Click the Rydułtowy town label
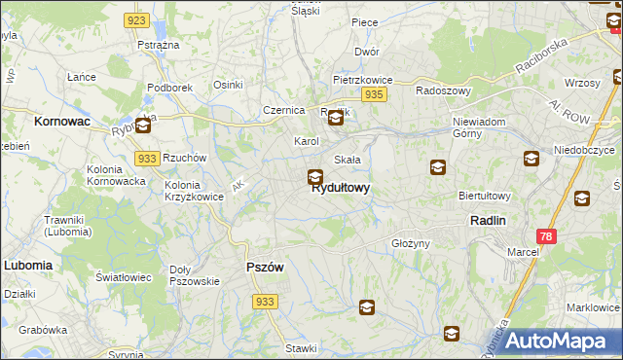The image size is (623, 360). [x=340, y=189]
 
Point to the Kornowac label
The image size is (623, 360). [x=61, y=122]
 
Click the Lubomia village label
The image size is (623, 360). [x=27, y=265]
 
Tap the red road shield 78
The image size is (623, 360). [x=547, y=236]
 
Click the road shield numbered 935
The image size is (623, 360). [x=375, y=94]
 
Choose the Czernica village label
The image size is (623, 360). [x=283, y=110]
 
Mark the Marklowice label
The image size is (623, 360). [x=593, y=307]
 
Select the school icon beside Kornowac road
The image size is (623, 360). [x=143, y=125]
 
